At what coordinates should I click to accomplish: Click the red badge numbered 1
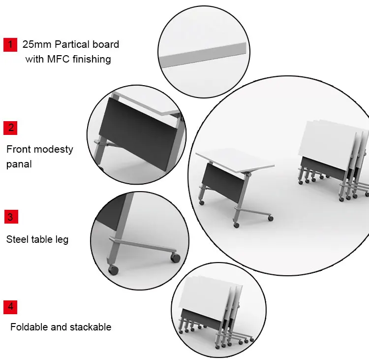point(10,44)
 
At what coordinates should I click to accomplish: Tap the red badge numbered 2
point(10,128)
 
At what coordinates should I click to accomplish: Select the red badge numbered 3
point(10,216)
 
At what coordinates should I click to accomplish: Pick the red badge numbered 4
point(10,307)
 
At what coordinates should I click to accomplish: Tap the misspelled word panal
point(19,164)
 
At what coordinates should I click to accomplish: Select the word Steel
point(18,240)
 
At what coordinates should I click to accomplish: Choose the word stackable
point(91,327)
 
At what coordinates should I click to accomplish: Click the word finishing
point(91,59)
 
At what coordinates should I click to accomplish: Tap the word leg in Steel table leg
point(61,240)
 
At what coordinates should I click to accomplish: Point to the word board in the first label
point(106,44)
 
